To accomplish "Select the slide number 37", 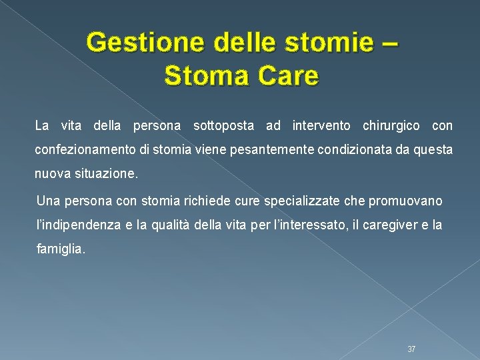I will point(411,349).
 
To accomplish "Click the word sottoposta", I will point(226,125).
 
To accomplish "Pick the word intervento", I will point(321,125).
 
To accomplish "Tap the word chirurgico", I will point(391,125).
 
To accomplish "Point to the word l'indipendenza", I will point(78,225).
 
